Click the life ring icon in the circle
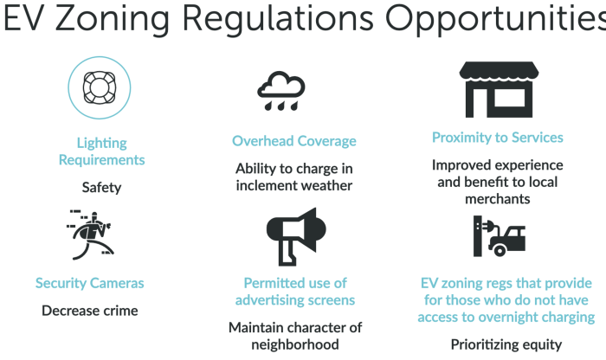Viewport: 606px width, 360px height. pyautogui.click(x=100, y=87)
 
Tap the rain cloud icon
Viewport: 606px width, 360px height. pyautogui.click(x=281, y=91)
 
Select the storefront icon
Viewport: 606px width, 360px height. pyautogui.click(x=499, y=89)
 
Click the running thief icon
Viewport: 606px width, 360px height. pyautogui.click(x=90, y=235)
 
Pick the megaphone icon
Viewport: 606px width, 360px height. pyautogui.click(x=296, y=236)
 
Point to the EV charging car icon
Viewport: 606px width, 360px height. pyautogui.click(x=500, y=236)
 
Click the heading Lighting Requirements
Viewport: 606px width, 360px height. pyautogui.click(x=101, y=151)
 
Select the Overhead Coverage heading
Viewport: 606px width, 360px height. pyautogui.click(x=294, y=141)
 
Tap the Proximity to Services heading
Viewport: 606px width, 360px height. pyautogui.click(x=498, y=138)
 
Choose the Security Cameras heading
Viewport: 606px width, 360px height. pyautogui.click(x=90, y=283)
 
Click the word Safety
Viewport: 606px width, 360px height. pyautogui.click(x=101, y=187)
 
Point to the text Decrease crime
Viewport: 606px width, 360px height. pyautogui.click(x=90, y=311)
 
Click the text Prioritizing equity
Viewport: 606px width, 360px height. pyautogui.click(x=506, y=344)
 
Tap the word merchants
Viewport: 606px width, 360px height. pyautogui.click(x=498, y=199)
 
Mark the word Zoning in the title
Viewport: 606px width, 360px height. pyautogui.click(x=113, y=18)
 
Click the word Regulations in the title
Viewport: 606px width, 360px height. pyautogui.click(x=278, y=18)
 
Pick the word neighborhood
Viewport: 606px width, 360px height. pyautogui.click(x=295, y=344)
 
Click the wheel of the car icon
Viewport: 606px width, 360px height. pyautogui.click(x=500, y=251)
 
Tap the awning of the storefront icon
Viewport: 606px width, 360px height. pyautogui.click(x=499, y=71)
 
